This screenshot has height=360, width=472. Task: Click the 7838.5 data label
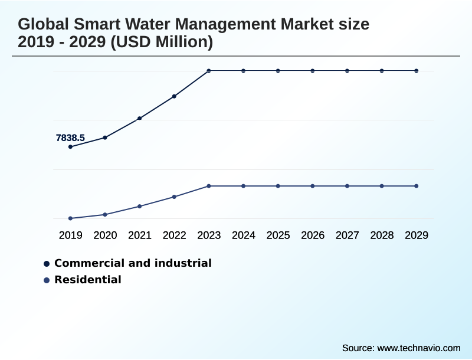[x=70, y=138]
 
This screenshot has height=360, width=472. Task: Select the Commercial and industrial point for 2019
[x=70, y=146]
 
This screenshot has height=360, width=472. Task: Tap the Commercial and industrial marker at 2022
[x=174, y=96]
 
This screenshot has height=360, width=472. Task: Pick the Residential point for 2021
[x=140, y=206]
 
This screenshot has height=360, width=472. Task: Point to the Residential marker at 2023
[x=209, y=186]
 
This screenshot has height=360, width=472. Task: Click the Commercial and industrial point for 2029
[x=417, y=71]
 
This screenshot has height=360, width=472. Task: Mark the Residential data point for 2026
[x=313, y=186]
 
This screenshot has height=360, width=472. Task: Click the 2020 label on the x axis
[x=105, y=235]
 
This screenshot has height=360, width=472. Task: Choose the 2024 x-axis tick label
[x=244, y=235]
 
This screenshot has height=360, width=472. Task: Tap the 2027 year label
[x=348, y=235]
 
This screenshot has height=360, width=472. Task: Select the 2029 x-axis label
[x=417, y=235]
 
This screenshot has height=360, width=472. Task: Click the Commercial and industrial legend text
[x=133, y=263]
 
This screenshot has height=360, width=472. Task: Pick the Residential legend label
[x=88, y=280]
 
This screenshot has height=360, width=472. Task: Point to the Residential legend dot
[x=47, y=280]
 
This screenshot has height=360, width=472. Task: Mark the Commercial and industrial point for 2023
[x=209, y=71]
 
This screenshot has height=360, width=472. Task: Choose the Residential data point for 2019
[x=70, y=218]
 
